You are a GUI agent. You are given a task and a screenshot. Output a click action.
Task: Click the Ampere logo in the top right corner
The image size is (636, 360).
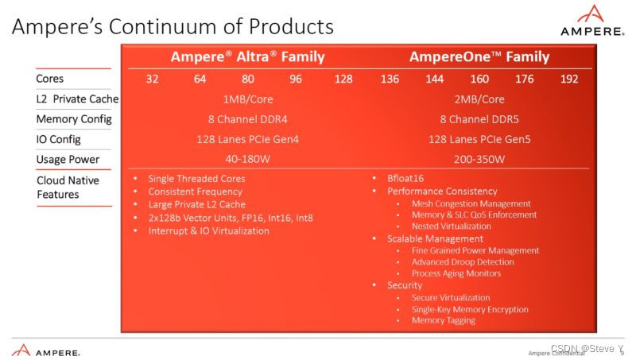[x=590, y=21]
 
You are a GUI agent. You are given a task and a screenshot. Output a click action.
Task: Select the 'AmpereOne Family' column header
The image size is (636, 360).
[x=479, y=57]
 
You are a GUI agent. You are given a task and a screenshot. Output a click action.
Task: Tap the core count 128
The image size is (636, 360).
[x=344, y=79]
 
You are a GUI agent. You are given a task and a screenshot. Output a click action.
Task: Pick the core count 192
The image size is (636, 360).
[x=569, y=79]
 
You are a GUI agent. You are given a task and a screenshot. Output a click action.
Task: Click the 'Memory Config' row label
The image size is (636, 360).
[x=74, y=119]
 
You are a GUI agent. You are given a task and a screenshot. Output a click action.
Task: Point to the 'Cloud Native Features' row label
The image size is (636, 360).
[x=67, y=188]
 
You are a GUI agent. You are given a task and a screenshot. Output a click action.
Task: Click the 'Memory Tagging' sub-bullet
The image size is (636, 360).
[x=443, y=320]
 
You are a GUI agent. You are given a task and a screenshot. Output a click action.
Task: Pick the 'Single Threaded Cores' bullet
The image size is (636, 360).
[x=196, y=179]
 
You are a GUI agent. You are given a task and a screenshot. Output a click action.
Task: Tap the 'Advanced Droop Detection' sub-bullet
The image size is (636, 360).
[x=462, y=261]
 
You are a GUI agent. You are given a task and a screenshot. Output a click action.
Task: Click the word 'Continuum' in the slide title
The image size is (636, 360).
[x=165, y=26]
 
